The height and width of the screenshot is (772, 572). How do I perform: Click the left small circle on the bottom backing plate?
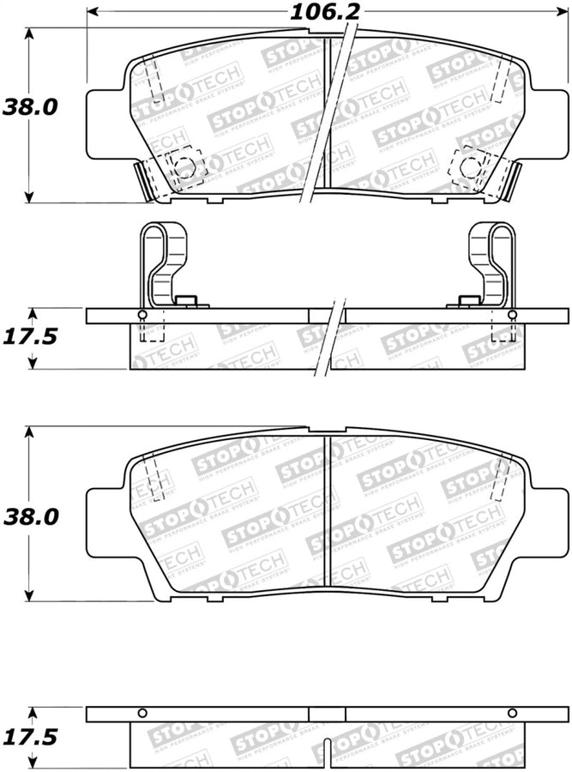tap(142, 714)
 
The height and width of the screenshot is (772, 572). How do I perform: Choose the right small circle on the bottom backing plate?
tap(512, 714)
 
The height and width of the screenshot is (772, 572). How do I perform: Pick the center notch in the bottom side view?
tap(327, 715)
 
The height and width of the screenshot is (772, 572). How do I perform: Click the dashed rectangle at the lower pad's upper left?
tap(154, 480)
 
